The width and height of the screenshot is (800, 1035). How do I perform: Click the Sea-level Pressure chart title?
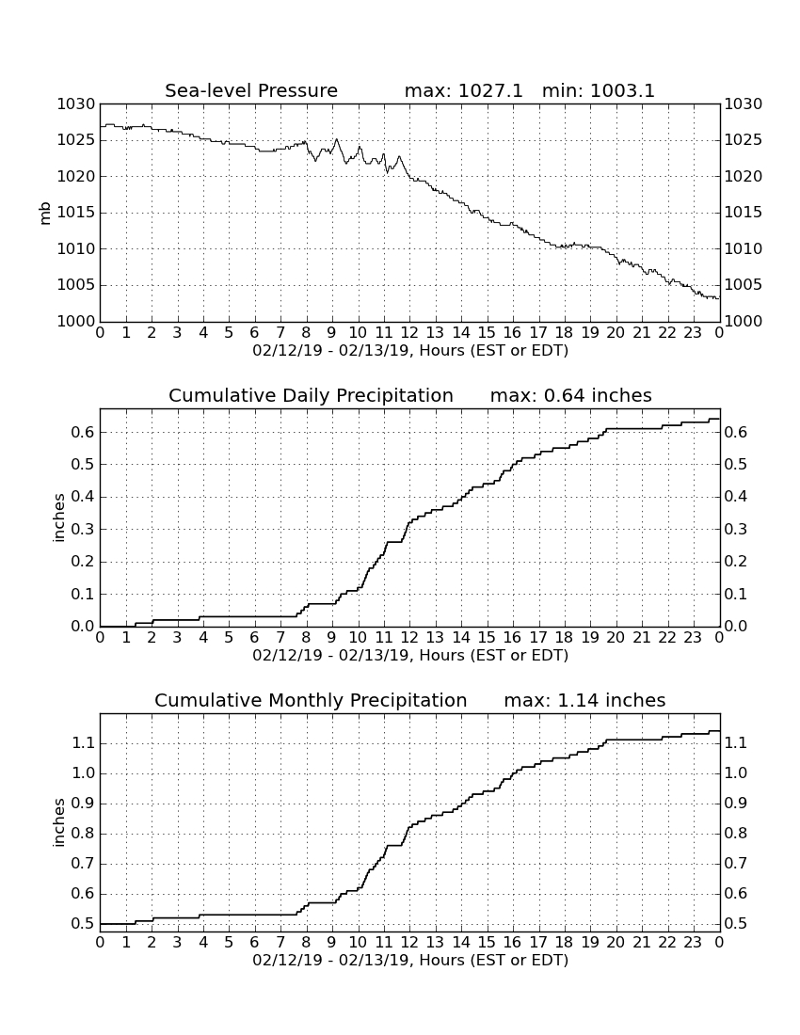(251, 90)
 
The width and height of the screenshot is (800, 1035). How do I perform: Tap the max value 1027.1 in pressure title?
(489, 90)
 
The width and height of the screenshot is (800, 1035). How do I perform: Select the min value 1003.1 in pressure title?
(622, 90)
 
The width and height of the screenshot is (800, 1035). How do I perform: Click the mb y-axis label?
(45, 213)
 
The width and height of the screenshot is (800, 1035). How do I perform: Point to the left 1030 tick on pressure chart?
(76, 104)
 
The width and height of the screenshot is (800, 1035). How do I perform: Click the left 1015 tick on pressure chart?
(76, 213)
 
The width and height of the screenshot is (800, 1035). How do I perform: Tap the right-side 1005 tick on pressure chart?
(744, 285)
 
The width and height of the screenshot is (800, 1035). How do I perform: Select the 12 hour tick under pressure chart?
(409, 332)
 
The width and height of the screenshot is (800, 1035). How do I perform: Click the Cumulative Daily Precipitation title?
(311, 395)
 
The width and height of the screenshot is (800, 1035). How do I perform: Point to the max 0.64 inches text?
(571, 395)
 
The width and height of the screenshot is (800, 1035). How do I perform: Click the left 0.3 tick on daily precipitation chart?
(83, 530)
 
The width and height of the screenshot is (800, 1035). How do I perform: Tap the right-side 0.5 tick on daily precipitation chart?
(736, 465)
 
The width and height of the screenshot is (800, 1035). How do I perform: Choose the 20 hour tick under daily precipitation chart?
(616, 637)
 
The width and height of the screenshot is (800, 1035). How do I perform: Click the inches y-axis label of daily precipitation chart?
(59, 518)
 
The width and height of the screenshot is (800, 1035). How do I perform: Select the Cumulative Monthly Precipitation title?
(311, 700)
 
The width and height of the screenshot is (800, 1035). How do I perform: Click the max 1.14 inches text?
(584, 700)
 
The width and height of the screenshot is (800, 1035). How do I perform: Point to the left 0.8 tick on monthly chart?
(83, 834)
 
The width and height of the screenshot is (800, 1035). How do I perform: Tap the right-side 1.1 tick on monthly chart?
(736, 743)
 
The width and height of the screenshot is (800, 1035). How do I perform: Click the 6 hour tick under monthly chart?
(254, 942)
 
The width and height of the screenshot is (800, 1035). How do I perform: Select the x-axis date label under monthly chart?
(410, 960)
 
